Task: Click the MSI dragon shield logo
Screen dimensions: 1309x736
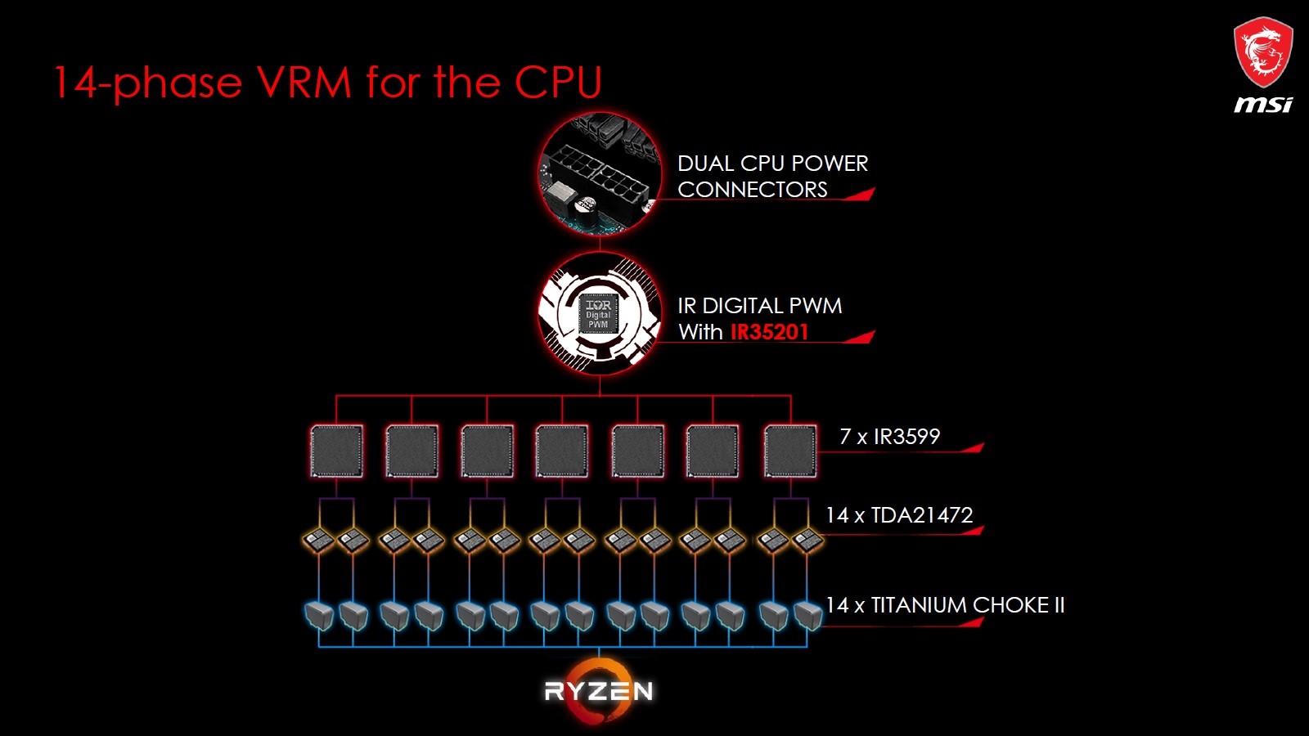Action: pos(1263,52)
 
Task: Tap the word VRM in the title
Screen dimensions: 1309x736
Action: pos(304,82)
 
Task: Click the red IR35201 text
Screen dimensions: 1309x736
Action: pos(769,332)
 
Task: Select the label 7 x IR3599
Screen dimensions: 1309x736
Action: pos(889,437)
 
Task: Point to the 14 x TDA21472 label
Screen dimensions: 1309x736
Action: pos(899,514)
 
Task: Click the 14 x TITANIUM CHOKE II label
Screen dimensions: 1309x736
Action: pos(944,604)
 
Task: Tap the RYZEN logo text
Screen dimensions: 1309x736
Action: pos(598,691)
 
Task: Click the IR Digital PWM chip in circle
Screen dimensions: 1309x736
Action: pos(598,314)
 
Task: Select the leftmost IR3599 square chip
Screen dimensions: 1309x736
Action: pos(336,451)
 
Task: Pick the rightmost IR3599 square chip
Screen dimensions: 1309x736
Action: pos(790,451)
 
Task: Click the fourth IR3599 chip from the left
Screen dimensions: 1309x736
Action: pos(562,451)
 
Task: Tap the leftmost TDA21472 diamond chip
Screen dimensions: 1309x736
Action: pos(318,541)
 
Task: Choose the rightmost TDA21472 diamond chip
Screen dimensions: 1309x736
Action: pos(807,541)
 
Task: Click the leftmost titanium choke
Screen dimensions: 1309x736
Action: pos(319,616)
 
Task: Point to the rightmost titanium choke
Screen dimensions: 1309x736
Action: pos(808,616)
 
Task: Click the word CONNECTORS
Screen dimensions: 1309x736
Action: pos(752,189)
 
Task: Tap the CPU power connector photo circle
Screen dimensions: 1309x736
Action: pos(600,173)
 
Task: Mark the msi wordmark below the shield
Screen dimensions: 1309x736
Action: pos(1263,104)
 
